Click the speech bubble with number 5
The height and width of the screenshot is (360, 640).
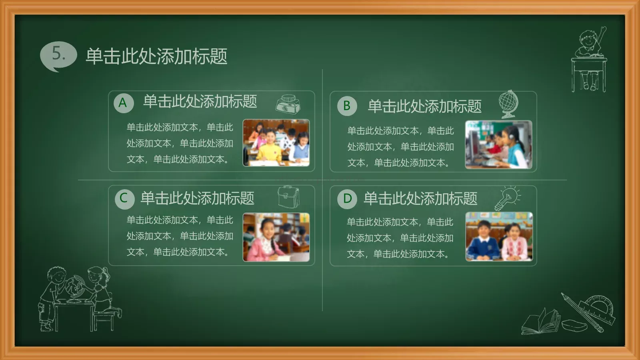pos(58,55)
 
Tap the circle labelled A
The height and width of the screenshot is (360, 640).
pos(123,103)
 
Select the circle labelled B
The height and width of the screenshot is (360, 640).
pos(347,106)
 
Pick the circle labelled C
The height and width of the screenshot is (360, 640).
pos(124,198)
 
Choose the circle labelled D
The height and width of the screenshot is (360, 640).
pos(347,199)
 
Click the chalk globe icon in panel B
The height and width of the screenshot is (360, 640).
pos(508,103)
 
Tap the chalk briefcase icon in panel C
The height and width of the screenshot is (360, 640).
pos(288,197)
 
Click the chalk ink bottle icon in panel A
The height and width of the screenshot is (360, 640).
pos(288,104)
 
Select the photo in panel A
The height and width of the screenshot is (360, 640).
pos(276,143)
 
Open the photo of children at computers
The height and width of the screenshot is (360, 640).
pos(498,144)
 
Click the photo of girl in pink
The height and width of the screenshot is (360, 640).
pos(276,237)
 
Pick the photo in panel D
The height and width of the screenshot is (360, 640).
pos(499,236)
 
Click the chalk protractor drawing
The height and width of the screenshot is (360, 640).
pos(597,308)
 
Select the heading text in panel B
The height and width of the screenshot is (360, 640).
pos(424,106)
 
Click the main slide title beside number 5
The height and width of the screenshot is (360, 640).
pos(156,56)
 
